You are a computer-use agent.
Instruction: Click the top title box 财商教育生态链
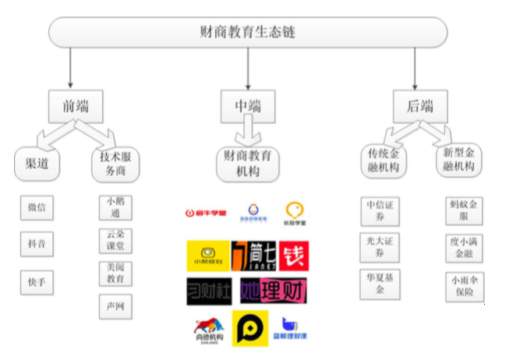(x=248, y=33)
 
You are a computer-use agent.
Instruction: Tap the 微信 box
(x=37, y=208)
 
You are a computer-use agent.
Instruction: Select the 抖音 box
(x=37, y=244)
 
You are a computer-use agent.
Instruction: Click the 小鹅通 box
(x=115, y=208)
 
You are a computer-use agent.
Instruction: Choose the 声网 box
(x=115, y=307)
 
